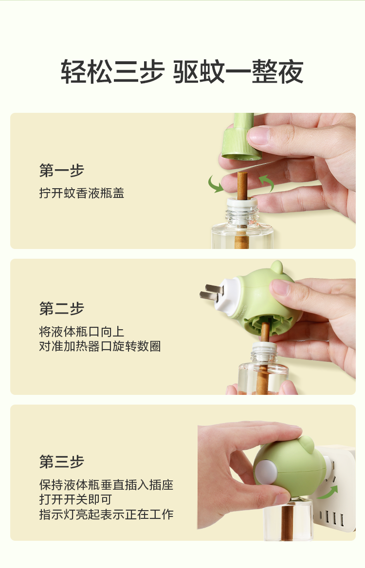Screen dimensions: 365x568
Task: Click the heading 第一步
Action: coord(62,170)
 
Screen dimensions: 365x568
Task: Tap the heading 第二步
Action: coord(62,308)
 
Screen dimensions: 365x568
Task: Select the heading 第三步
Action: coord(62,461)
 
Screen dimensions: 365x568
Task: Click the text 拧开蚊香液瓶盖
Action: coord(82,193)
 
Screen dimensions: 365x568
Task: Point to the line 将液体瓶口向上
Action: coord(82,332)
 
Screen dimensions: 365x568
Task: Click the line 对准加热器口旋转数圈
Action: coord(100,346)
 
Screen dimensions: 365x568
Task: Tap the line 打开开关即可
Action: coord(75,499)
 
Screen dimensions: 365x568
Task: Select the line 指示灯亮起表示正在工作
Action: coord(106,514)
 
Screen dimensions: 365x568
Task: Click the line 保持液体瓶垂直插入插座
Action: coord(106,484)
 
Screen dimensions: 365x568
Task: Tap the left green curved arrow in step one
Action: coord(216,184)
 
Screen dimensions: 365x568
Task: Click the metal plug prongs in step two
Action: coord(211,292)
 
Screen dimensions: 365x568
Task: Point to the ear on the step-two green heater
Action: coord(276,267)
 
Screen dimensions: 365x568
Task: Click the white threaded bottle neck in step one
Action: coord(242,213)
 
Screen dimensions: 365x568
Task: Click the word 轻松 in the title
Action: coord(87,71)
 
